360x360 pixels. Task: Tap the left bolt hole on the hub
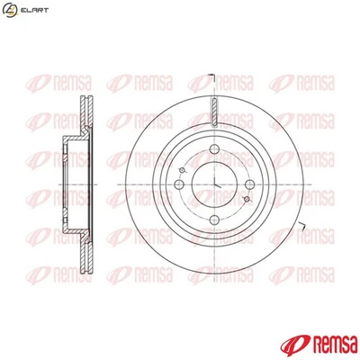click(178, 184)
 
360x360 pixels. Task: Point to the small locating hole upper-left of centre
click(183, 170)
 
